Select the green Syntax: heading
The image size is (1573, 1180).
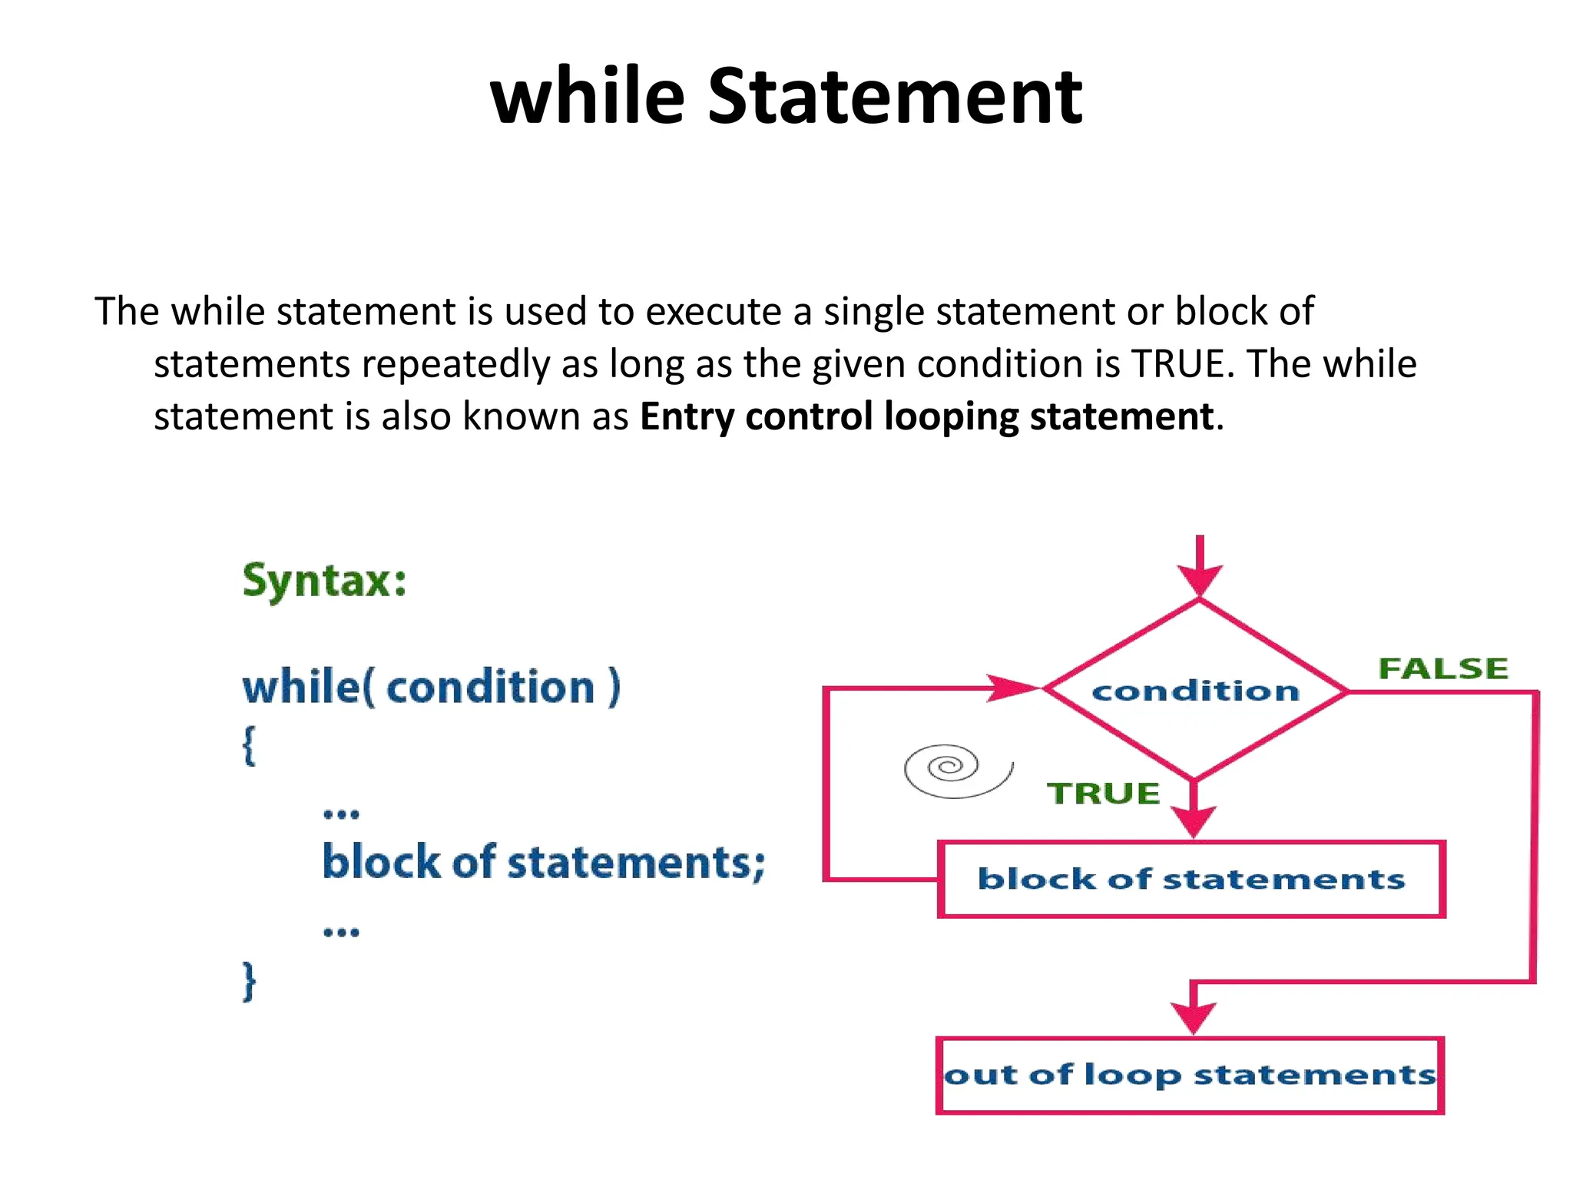tap(324, 580)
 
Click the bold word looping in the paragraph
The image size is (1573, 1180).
tap(951, 418)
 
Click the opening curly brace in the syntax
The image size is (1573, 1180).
tap(249, 745)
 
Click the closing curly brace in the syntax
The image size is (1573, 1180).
tap(249, 981)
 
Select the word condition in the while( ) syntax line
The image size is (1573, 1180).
tap(490, 687)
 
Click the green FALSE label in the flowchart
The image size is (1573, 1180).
tap(1443, 668)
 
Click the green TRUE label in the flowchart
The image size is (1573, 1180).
tap(1103, 794)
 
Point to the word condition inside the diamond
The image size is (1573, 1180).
tap(1195, 691)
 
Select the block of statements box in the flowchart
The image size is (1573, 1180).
tap(1191, 879)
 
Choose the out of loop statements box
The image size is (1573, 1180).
tap(1190, 1075)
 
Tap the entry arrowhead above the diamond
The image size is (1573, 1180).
tap(1200, 579)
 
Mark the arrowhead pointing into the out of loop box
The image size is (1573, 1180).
tap(1193, 1018)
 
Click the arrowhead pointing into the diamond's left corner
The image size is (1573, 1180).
tap(1012, 688)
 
